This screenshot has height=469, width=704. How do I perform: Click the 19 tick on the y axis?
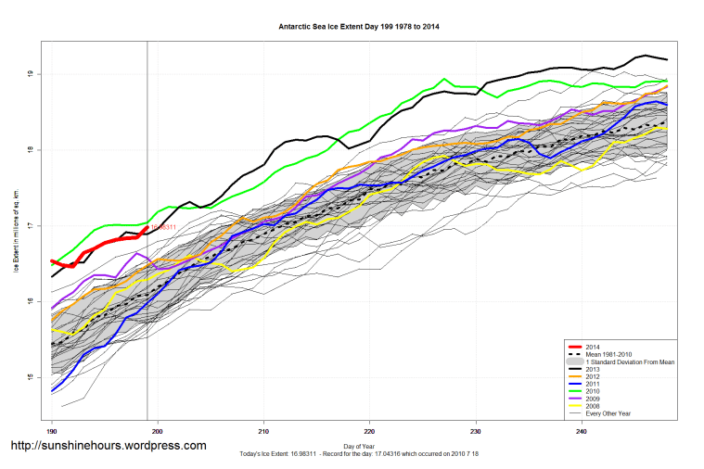(x=31, y=74)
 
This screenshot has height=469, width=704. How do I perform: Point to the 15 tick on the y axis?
(x=31, y=377)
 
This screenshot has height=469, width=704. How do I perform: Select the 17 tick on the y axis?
(x=31, y=226)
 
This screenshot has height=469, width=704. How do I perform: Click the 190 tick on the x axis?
(x=52, y=431)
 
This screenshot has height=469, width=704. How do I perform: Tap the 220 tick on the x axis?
(x=369, y=431)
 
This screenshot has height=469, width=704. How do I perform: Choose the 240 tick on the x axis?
(x=581, y=431)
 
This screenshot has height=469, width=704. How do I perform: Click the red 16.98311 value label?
(x=163, y=226)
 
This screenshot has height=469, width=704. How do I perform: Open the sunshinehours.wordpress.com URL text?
(x=108, y=446)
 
